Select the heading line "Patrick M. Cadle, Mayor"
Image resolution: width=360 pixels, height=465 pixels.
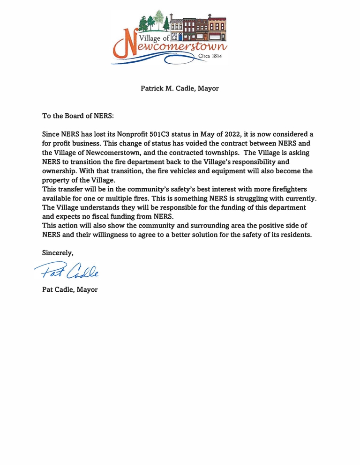pyautogui.click(x=180, y=88)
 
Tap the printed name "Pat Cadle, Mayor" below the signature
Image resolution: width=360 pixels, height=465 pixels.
pyautogui.click(x=70, y=289)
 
